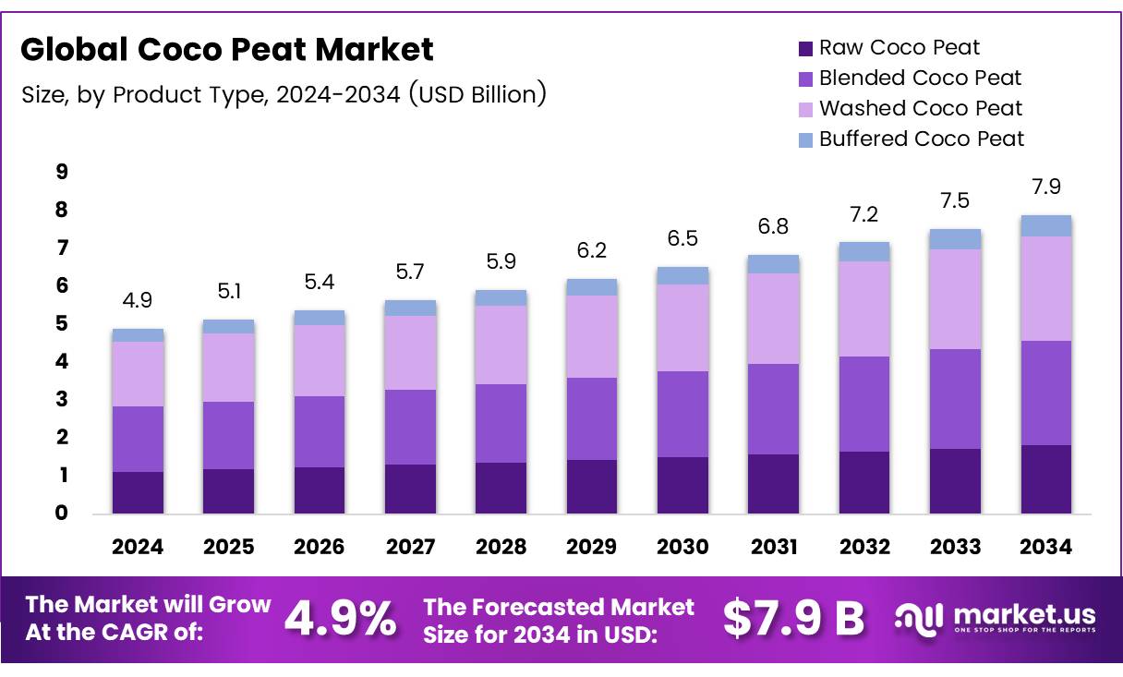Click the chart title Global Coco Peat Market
[227, 49]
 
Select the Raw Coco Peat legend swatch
[804, 48]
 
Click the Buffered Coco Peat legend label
[921, 139]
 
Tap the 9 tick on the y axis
[62, 172]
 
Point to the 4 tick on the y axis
[62, 362]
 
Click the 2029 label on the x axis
[591, 547]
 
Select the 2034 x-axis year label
[1045, 547]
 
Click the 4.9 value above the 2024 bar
[138, 302]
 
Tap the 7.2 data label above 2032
[863, 215]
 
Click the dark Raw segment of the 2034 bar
[1045, 478]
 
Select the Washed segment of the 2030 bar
[682, 327]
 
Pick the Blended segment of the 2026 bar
[319, 431]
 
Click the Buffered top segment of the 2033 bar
[955, 239]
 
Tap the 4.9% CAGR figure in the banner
[341, 618]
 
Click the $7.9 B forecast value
[793, 618]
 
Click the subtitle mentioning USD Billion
[284, 93]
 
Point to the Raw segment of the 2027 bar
[410, 489]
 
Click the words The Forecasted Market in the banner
[558, 607]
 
